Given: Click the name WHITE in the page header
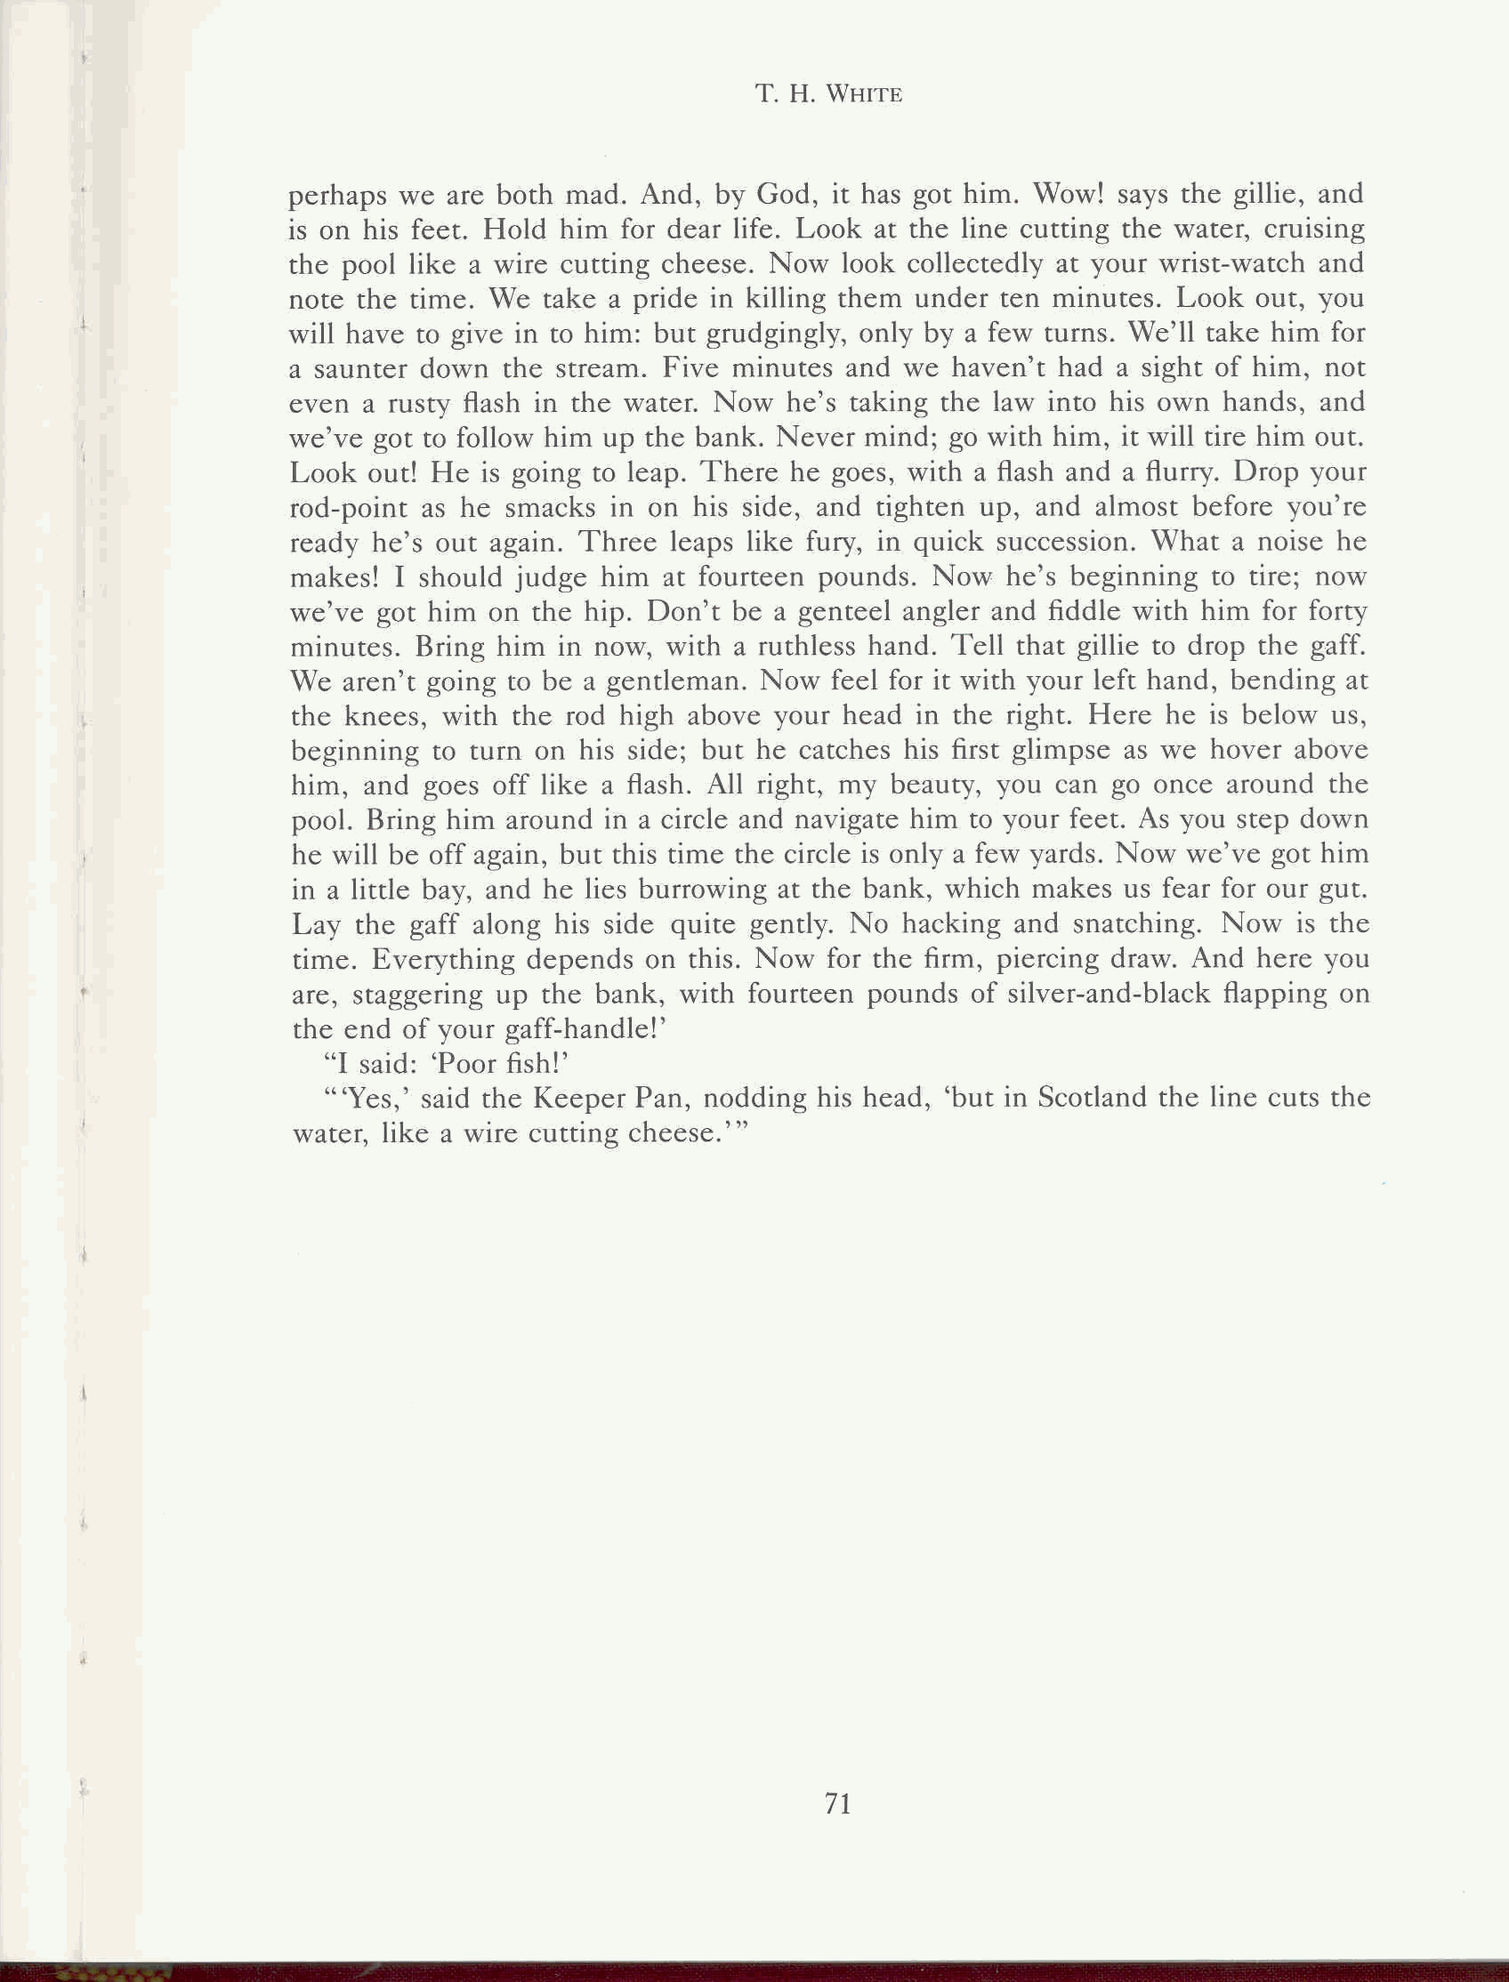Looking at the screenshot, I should (863, 94).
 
